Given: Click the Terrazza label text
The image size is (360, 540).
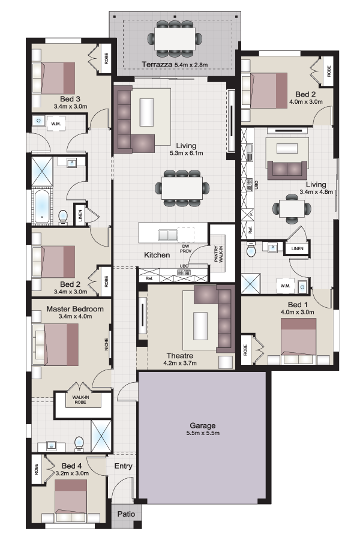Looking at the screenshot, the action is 157,64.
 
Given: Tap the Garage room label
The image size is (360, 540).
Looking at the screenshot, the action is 203,425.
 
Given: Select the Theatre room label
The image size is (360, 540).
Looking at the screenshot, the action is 180,356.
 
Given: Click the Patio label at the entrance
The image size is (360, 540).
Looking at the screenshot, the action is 126,514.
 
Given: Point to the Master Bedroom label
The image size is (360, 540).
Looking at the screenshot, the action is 75,309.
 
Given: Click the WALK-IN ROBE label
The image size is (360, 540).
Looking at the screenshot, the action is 80,400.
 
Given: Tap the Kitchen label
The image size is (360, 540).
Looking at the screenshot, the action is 157,255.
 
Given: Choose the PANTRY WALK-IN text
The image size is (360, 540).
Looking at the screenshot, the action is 218,254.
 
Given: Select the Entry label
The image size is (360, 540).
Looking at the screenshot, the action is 124,466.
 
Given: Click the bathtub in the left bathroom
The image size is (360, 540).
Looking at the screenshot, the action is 43,206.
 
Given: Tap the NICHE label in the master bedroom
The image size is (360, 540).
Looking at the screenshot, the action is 106,345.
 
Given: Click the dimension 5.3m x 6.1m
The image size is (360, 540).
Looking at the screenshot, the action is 187,153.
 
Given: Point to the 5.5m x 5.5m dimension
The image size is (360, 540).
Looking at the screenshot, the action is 203,433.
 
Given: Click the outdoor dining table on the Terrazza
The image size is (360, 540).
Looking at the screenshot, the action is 175,38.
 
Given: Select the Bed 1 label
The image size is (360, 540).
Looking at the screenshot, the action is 298,305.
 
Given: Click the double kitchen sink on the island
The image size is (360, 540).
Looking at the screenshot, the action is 168,235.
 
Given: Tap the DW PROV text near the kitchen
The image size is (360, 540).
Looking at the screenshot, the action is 185,248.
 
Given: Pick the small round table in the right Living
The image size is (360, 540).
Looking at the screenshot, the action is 292,208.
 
